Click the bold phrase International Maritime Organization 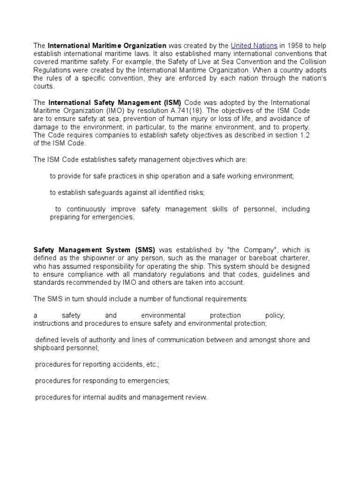107,46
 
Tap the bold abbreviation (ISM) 172,103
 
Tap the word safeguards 104,193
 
